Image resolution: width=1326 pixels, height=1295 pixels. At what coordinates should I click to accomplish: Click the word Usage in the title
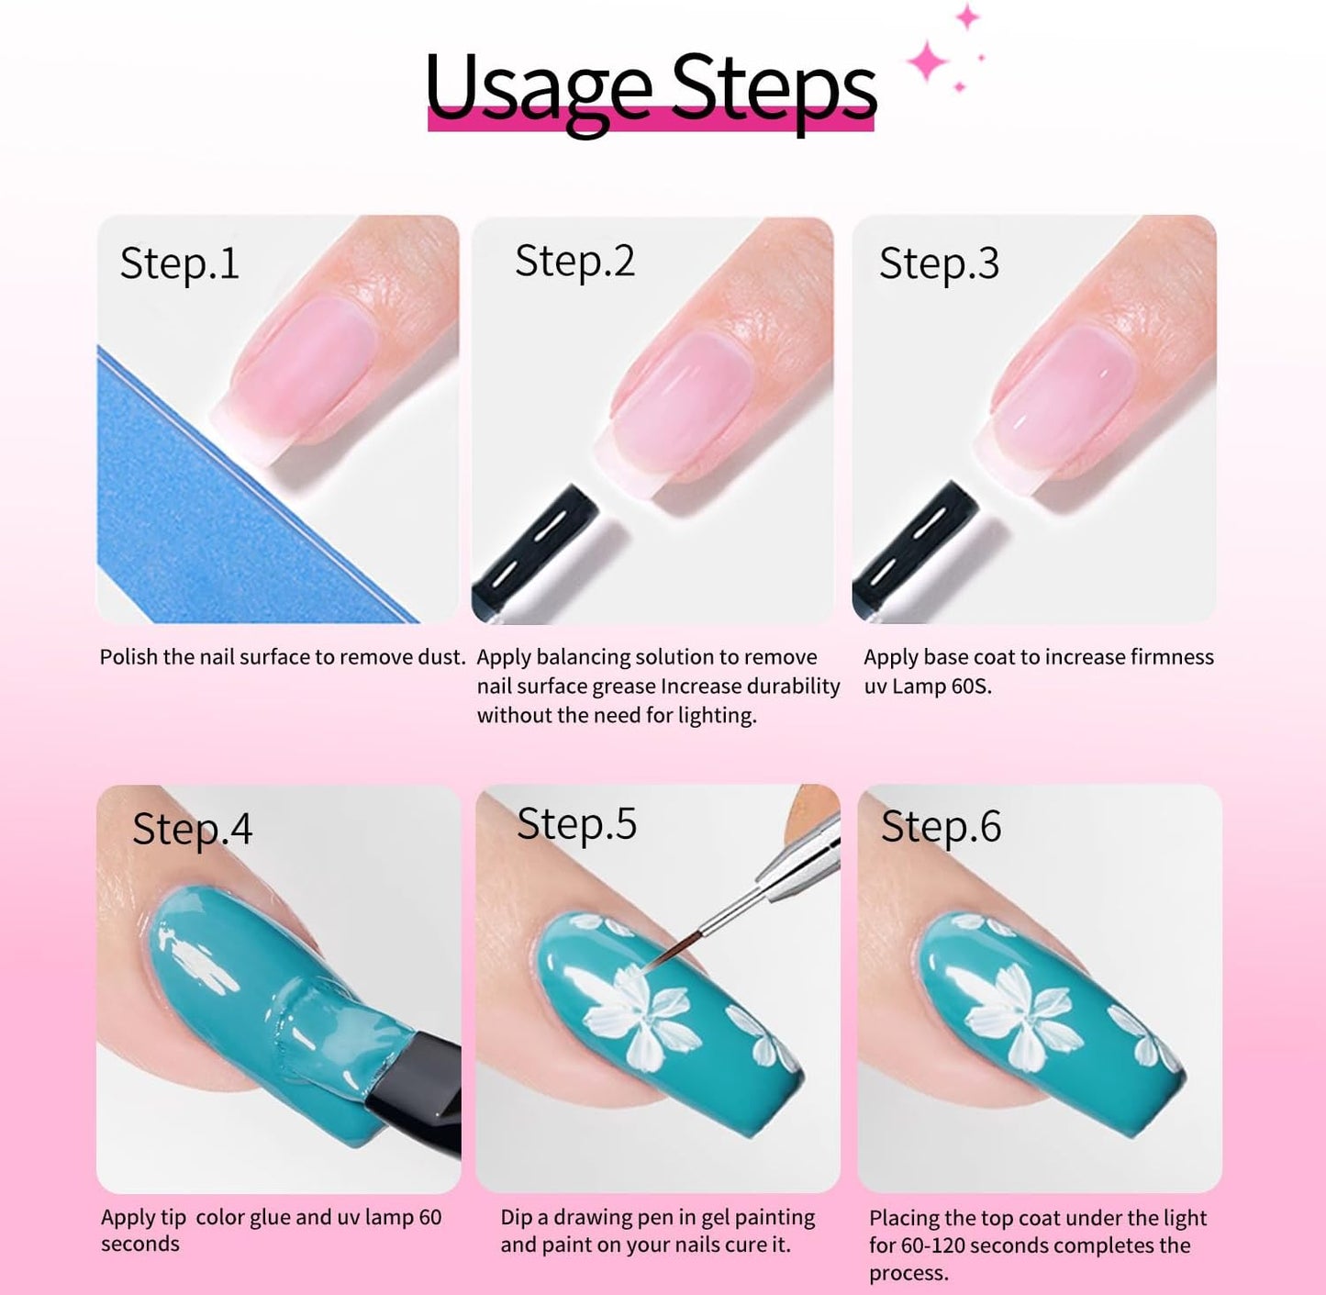click(539, 92)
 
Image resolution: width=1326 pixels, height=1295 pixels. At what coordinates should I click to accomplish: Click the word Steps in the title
click(774, 92)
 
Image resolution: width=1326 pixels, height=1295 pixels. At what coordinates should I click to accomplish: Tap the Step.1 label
click(179, 263)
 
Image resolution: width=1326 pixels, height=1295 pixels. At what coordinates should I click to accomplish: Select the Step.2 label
click(574, 261)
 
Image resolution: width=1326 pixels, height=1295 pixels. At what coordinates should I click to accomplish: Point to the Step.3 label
click(938, 263)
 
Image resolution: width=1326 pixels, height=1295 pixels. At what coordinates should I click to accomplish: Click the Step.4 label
click(192, 830)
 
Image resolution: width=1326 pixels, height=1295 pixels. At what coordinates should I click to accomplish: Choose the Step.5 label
click(576, 823)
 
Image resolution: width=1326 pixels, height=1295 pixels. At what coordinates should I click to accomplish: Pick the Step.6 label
click(941, 827)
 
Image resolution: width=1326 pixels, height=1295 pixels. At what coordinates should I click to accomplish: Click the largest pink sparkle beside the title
click(928, 61)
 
